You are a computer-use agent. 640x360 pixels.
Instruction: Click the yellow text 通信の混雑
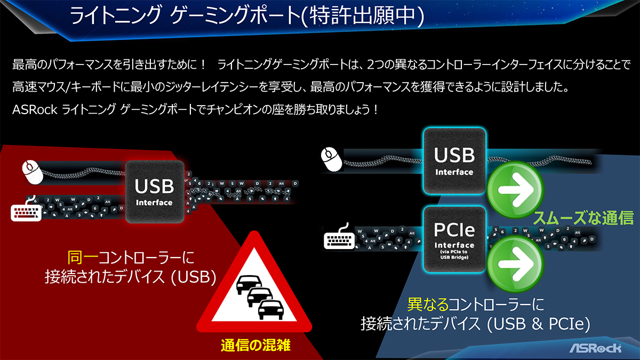(256, 345)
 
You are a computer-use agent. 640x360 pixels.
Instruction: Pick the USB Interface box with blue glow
(454, 160)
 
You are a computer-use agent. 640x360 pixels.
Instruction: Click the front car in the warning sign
(268, 309)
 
